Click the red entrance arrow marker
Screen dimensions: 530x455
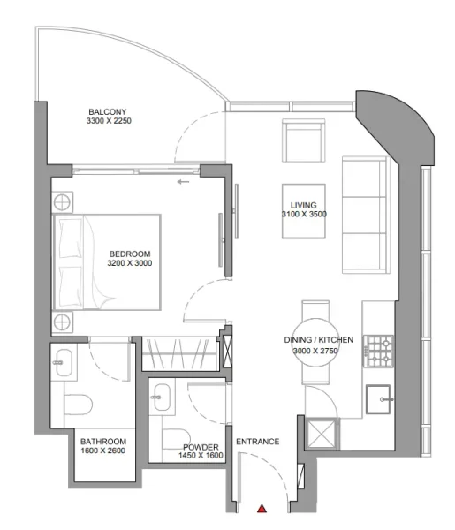coord(262,509)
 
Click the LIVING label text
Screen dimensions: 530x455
coord(303,203)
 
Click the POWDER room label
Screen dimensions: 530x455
coord(201,447)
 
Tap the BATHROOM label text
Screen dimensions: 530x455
coord(103,442)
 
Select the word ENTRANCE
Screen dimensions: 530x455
coord(257,442)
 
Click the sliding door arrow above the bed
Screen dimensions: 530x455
coord(183,183)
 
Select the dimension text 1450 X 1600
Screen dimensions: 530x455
coord(201,457)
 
